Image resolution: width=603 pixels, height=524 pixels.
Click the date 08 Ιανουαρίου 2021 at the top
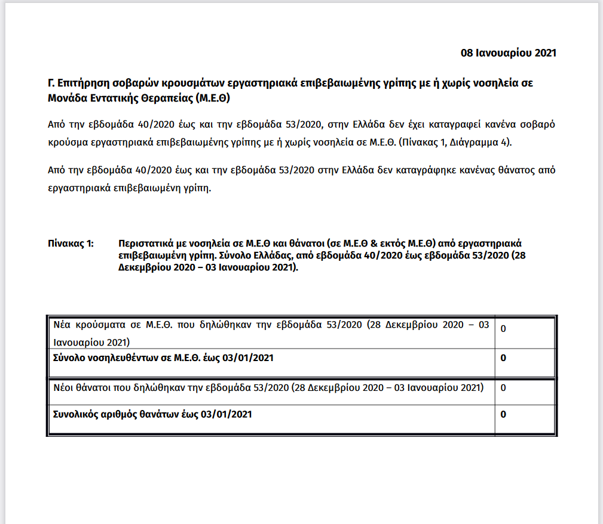pos(508,53)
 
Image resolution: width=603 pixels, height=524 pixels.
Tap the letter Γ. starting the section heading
pos(51,83)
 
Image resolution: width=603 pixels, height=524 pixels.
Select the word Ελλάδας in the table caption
pos(268,255)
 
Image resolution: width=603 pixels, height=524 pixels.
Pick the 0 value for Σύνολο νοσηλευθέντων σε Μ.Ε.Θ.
pos(503,358)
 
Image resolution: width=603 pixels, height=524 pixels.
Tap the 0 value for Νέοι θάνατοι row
pos(503,388)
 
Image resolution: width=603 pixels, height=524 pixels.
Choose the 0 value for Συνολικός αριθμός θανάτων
pos(503,414)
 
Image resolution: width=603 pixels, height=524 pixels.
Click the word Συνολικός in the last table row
pos(75,414)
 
